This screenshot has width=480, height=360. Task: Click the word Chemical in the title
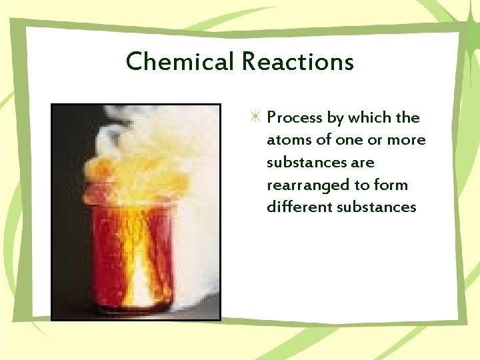tap(180, 62)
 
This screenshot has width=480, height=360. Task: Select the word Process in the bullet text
tap(295, 118)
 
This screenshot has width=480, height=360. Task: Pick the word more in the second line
tap(408, 140)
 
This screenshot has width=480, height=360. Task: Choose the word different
tap(298, 207)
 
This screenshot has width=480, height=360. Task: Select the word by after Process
tap(333, 118)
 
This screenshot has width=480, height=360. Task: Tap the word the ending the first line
tap(407, 118)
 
